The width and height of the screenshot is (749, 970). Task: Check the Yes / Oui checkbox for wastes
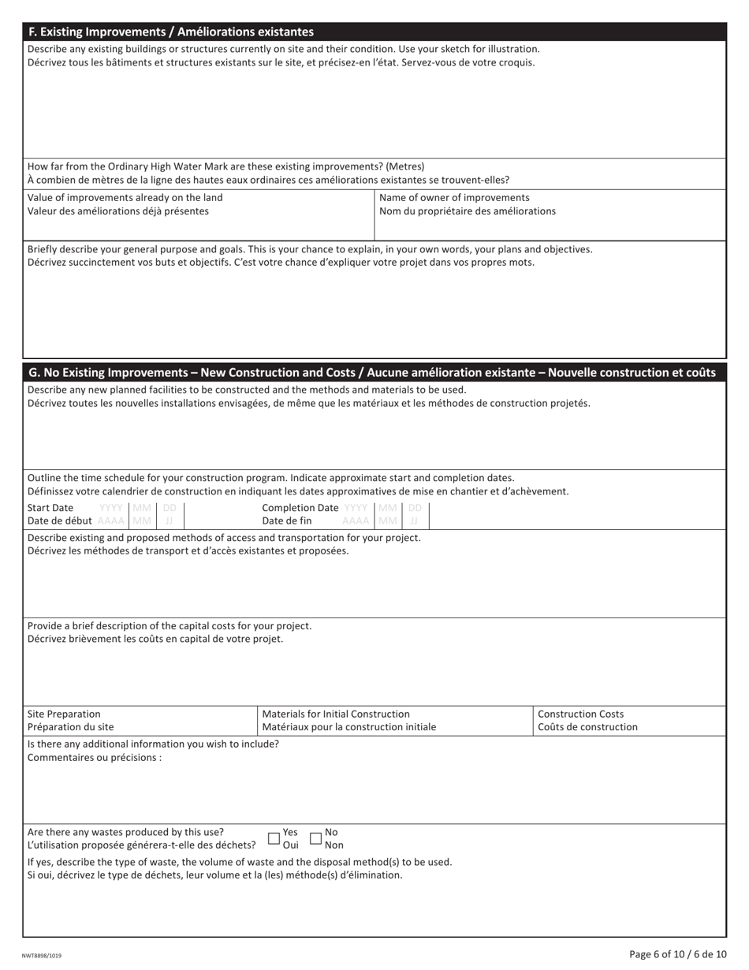274,838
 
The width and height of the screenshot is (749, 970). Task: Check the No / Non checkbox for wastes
316,838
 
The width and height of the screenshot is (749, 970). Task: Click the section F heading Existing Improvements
171,32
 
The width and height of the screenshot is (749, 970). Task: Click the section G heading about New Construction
371,372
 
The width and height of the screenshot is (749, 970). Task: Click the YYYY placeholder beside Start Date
111,508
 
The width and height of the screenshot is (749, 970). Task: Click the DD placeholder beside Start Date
170,508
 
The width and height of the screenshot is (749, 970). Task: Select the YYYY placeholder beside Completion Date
356,508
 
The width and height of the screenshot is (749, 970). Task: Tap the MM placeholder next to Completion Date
388,508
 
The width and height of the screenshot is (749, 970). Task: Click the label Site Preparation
64,714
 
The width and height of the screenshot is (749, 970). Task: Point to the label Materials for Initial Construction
336,714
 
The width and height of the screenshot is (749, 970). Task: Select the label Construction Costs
580,714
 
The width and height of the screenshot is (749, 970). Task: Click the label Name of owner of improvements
454,197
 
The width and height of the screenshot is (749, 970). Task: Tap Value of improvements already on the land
125,197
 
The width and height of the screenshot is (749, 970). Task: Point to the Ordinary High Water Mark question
225,166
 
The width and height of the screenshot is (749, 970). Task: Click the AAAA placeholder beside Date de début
111,521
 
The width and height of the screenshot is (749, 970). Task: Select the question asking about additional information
153,744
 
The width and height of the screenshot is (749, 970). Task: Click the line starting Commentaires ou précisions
95,758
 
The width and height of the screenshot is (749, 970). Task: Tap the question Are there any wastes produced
125,832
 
